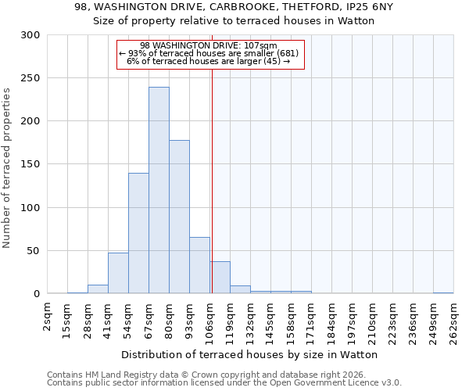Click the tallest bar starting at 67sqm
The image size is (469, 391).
tap(159, 191)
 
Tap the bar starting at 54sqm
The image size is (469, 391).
tap(138, 233)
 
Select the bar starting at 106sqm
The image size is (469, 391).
tap(220, 278)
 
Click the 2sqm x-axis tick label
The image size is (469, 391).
tap(47, 318)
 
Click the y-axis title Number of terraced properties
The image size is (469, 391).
tap(7, 168)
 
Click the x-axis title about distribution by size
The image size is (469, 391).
tap(250, 354)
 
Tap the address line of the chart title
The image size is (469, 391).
tap(234, 7)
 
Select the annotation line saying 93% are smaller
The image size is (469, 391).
tap(209, 53)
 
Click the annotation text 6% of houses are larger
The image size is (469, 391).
tap(209, 61)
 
